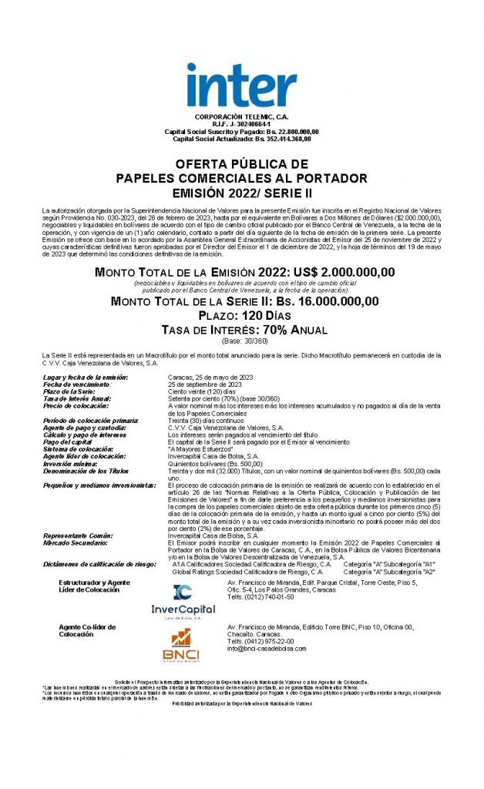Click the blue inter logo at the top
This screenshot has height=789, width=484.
[x=241, y=86]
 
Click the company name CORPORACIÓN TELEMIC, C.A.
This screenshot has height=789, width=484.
[x=241, y=116]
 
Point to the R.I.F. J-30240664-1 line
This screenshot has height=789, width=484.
[x=241, y=124]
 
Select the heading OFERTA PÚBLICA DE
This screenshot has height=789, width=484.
[x=241, y=165]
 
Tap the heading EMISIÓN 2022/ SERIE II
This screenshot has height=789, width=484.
[x=241, y=191]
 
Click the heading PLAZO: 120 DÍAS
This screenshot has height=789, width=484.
[x=241, y=316]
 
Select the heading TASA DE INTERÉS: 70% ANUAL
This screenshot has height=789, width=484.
[x=241, y=330]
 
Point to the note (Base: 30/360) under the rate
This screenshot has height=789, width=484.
[x=241, y=341]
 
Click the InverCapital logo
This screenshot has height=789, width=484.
[x=183, y=602]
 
